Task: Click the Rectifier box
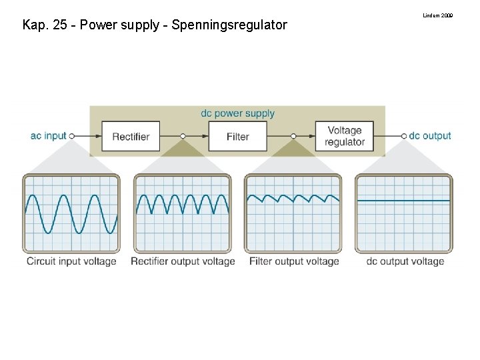[131, 136]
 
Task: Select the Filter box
[237, 136]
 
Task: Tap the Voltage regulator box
[345, 136]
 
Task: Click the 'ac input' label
[49, 136]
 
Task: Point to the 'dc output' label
[430, 136]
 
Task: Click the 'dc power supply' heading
[237, 113]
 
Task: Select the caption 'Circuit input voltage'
[71, 261]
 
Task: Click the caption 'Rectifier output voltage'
[183, 261]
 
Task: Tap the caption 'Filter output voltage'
[294, 261]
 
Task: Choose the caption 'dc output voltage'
[405, 261]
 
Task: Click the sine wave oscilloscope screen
[71, 213]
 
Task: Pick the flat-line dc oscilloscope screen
[404, 213]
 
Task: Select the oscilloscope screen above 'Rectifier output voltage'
[183, 213]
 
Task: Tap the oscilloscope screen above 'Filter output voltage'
[293, 213]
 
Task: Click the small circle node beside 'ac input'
[72, 136]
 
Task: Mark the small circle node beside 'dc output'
[404, 136]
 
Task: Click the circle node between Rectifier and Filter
[183, 136]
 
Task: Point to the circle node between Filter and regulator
[293, 136]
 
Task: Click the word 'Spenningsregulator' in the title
[229, 25]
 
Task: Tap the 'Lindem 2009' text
[438, 15]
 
